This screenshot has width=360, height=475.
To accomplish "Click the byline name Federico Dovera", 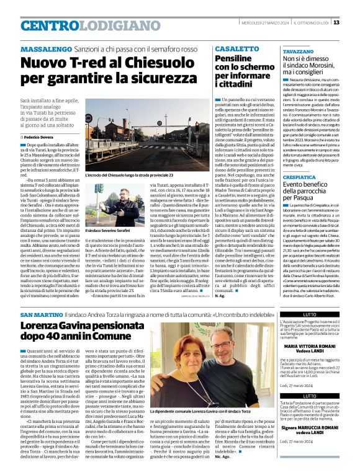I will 41,136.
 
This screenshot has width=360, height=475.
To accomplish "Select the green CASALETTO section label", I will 233,48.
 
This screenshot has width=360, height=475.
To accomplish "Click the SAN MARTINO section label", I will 41,316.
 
